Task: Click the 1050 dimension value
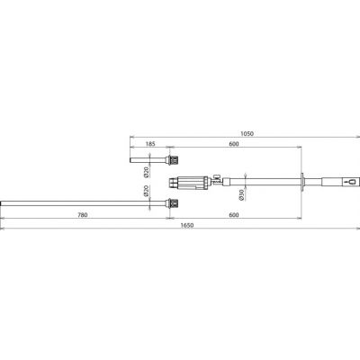click(x=247, y=133)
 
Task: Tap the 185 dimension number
click(x=150, y=144)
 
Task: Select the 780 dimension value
click(x=83, y=215)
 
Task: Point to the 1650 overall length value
click(x=187, y=225)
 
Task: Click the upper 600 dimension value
click(x=234, y=144)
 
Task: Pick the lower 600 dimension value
click(x=234, y=215)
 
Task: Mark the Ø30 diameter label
click(x=242, y=195)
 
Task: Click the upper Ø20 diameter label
click(x=147, y=172)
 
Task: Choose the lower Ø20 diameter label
click(x=147, y=191)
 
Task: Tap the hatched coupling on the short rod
click(x=174, y=160)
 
